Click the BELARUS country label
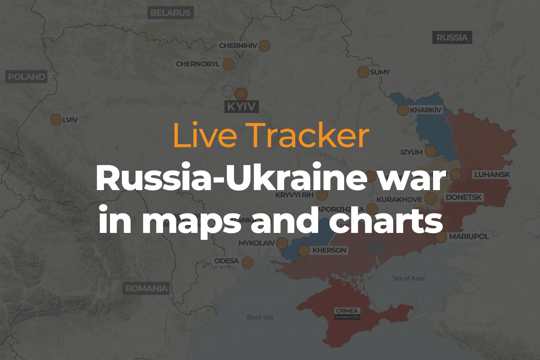tap(170, 13)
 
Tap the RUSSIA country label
tap(452, 38)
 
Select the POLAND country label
tap(27, 77)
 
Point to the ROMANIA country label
tap(146, 288)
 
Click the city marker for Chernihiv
tap(264, 46)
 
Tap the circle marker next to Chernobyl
tap(228, 64)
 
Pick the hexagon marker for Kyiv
tap(241, 94)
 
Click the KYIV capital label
tap(241, 107)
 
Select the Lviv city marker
tap(56, 120)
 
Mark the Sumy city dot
tap(363, 72)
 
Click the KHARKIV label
tap(426, 110)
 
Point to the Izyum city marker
tap(431, 151)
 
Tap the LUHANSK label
tap(492, 175)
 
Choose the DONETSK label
tap(463, 197)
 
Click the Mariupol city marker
tap(441, 237)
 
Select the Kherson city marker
tap(304, 250)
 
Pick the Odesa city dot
tap(247, 262)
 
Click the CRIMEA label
tap(347, 311)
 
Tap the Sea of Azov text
tap(408, 278)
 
